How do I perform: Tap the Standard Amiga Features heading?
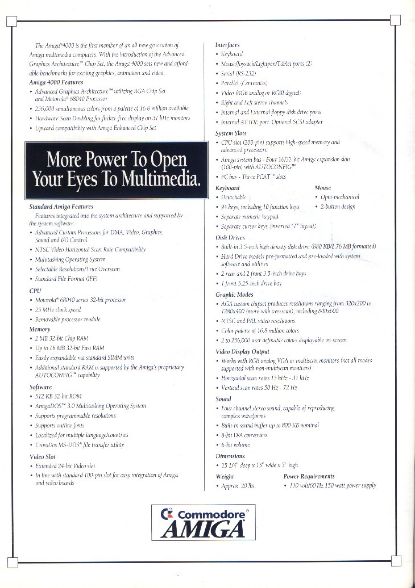pyautogui.click(x=61, y=207)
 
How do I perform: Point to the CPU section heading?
pyautogui.click(x=35, y=290)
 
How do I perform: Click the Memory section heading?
pyautogui.click(x=40, y=329)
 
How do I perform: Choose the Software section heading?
pyautogui.click(x=41, y=387)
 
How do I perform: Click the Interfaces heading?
pyautogui.click(x=227, y=44)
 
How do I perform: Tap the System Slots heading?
pyautogui.click(x=230, y=133)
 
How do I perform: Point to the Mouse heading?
pyautogui.click(x=323, y=187)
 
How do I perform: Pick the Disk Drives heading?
pyautogui.click(x=230, y=237)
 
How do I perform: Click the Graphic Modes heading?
pyautogui.click(x=234, y=295)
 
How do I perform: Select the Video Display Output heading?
pyautogui.click(x=242, y=352)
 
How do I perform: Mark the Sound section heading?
pyautogui.click(x=223, y=399)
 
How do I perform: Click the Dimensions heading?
pyautogui.click(x=230, y=456)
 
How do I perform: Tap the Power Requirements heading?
pyautogui.click(x=309, y=476)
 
